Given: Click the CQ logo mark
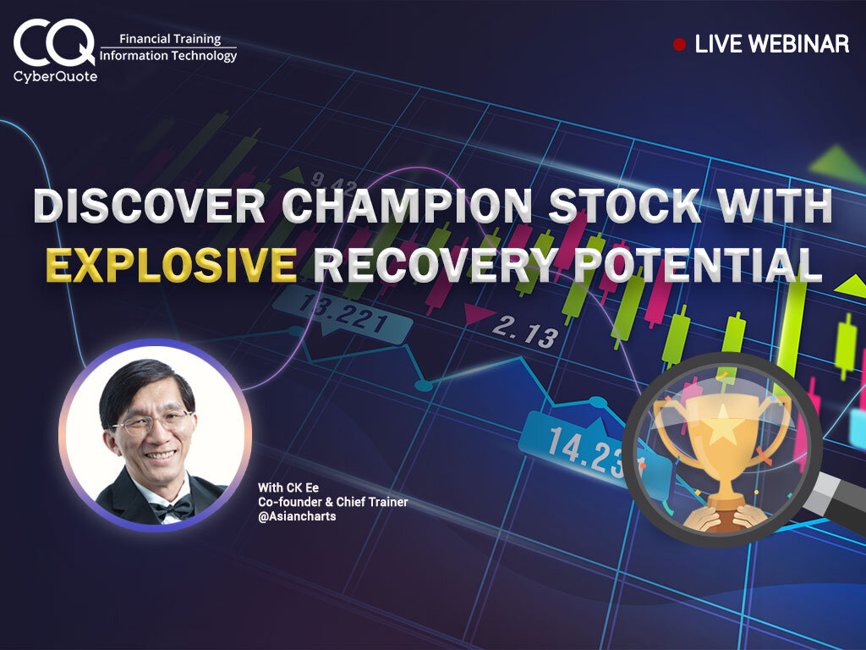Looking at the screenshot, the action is coord(53,42).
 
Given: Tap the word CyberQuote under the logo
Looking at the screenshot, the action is coord(55,76).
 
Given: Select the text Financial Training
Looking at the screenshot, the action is coord(170,39).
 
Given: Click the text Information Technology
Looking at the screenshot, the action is coord(168,55).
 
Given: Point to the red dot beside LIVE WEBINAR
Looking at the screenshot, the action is coord(679,44).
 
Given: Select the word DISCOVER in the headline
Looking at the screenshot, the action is coord(149,206).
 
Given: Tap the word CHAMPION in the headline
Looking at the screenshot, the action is coord(407,206).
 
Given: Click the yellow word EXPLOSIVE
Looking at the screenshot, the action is coord(171,264).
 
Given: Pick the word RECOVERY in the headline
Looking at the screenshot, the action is coord(437,264).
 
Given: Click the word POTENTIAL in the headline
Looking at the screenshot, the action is coord(698,264).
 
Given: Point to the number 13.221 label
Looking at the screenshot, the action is coord(343,314).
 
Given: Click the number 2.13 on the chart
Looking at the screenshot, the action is coord(524,332).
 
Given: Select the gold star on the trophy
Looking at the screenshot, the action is coord(722,426).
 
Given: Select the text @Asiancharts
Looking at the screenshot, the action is coord(297,516).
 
